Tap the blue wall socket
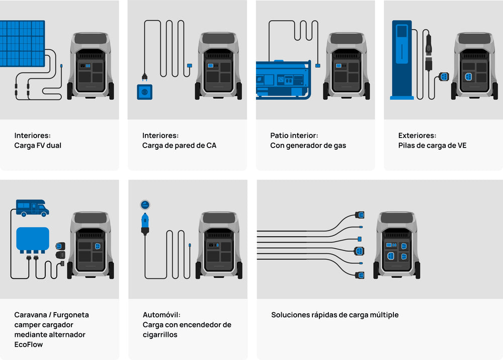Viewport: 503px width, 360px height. coord(145,92)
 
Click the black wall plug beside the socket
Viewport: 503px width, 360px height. coord(144,77)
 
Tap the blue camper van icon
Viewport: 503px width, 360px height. coord(32,207)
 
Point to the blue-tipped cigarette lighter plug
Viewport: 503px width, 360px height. coord(145,225)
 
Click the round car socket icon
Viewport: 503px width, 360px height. coord(145,205)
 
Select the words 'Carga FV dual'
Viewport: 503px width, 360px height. coord(38,146)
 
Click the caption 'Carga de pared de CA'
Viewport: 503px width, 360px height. coord(179,146)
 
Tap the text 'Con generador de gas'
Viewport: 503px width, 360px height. coord(308,146)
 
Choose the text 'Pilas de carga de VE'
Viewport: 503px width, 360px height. coord(432,146)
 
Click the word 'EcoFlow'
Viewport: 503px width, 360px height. coord(29,344)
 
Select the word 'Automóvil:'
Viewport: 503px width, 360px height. coord(161,315)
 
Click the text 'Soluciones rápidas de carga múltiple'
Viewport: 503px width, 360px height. coord(334,315)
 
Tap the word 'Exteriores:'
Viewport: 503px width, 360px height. coord(417,135)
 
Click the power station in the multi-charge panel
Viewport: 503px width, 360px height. coord(396,245)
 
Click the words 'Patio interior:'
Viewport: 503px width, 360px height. coord(294,135)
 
